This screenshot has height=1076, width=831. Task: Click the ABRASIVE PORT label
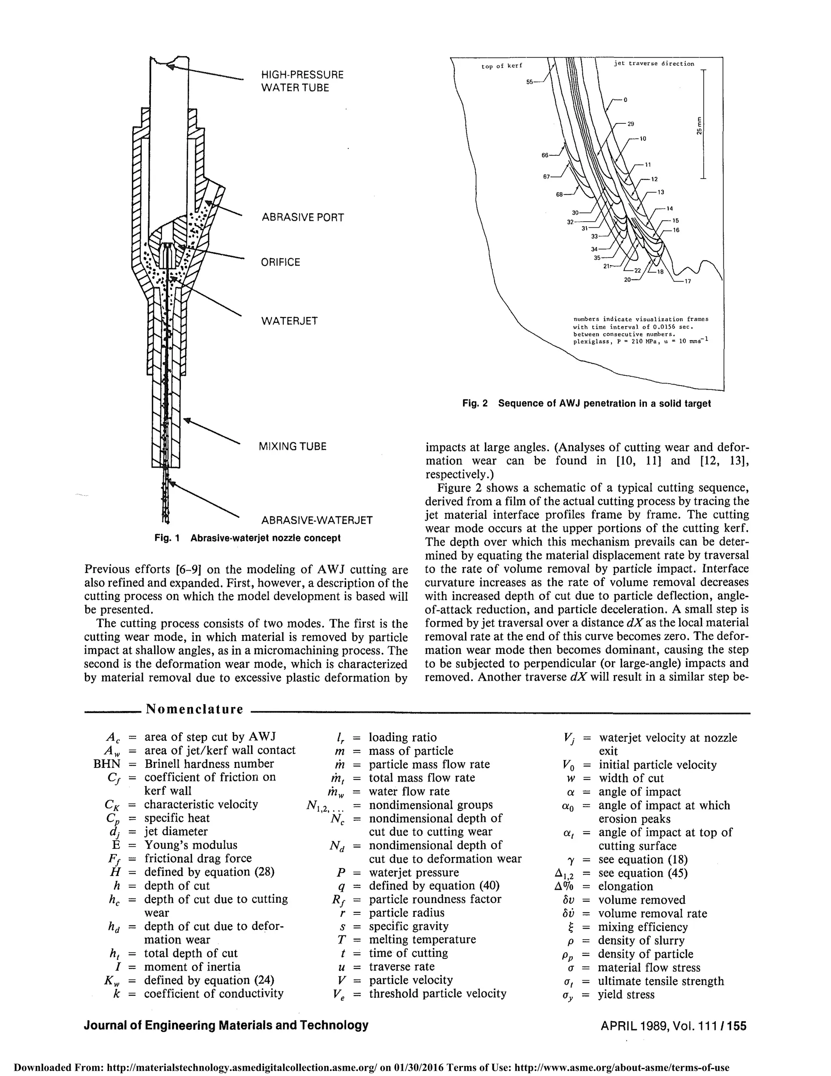click(302, 217)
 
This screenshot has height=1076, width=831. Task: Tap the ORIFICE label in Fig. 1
click(280, 262)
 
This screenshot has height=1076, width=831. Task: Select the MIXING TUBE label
click(293, 446)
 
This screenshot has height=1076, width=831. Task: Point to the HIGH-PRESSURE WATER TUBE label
click(302, 81)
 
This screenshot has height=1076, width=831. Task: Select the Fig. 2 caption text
click(586, 403)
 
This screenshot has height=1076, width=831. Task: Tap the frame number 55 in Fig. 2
click(530, 82)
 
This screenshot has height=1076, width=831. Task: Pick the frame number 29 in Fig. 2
click(631, 124)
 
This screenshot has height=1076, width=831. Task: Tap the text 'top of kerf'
click(502, 66)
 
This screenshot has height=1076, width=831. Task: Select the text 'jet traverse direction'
click(654, 64)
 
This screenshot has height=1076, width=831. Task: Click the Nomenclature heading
click(195, 709)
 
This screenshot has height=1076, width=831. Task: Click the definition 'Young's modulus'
click(191, 845)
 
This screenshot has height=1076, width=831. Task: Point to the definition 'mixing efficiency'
click(642, 927)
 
